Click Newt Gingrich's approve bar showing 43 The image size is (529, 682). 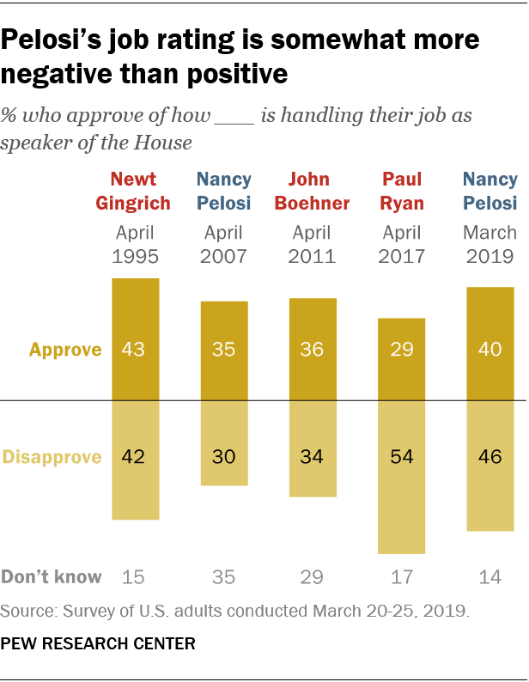(135, 339)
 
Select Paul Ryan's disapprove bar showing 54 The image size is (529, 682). (401, 477)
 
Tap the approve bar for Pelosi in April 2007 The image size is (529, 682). (224, 350)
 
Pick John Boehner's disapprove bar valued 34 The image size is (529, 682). (313, 448)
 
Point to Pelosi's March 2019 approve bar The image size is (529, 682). (490, 344)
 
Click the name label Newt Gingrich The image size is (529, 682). (135, 191)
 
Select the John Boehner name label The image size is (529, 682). (313, 191)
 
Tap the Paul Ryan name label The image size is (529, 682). (401, 191)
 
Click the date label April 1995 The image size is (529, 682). (135, 244)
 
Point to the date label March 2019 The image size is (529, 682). (490, 244)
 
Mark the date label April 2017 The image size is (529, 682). (401, 244)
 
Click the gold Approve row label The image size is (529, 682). (65, 350)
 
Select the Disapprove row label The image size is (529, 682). (53, 456)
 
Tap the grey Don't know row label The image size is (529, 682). (52, 576)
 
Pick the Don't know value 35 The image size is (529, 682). (224, 576)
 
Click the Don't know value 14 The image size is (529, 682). (490, 576)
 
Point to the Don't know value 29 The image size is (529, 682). (313, 576)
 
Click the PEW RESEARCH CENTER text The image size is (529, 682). (98, 642)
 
